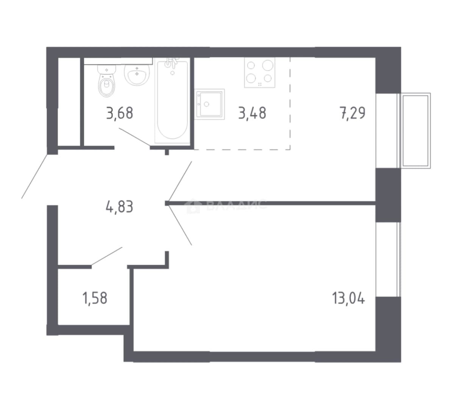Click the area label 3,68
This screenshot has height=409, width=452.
point(120,113)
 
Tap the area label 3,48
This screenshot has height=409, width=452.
point(252,113)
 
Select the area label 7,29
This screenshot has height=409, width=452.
point(353,113)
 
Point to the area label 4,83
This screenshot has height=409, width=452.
point(120,207)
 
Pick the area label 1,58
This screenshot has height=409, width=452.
point(95,298)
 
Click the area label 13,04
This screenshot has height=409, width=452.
point(349,298)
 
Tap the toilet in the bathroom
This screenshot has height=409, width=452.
point(107,81)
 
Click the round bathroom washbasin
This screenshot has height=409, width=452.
point(137,75)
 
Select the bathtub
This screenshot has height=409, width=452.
point(172,101)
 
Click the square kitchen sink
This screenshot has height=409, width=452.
point(209,104)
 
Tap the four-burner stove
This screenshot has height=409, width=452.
point(260,72)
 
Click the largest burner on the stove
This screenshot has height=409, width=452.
point(268,65)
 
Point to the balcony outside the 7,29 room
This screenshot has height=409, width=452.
point(414,130)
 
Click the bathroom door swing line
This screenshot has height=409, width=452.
point(135,137)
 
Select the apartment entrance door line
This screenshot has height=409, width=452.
point(34,176)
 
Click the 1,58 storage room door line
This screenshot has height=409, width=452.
point(107,256)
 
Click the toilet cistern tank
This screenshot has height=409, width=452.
point(107,69)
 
